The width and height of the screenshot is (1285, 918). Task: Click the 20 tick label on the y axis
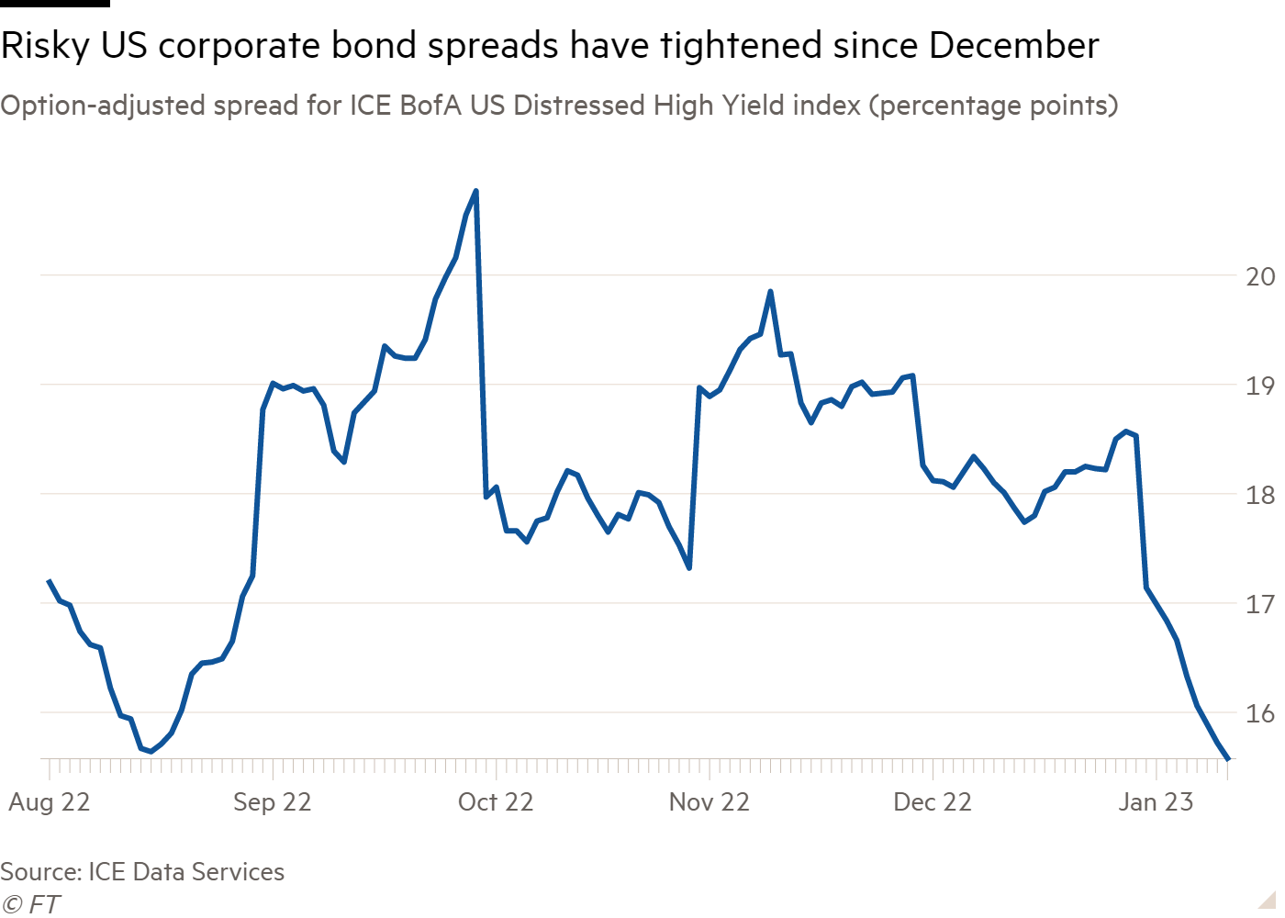[x=1259, y=276]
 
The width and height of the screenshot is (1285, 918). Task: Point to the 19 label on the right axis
[x=1259, y=386]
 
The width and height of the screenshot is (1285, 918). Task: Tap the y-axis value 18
[x=1259, y=495]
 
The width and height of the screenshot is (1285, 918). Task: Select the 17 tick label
[x=1259, y=604]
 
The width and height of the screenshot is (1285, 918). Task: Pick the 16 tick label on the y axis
[x=1259, y=713]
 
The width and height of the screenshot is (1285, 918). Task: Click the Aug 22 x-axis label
[x=50, y=802]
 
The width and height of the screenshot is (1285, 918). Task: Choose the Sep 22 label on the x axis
[x=273, y=802]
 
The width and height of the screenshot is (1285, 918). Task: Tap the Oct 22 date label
[x=496, y=802]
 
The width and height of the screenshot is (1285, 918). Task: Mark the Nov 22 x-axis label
[x=710, y=802]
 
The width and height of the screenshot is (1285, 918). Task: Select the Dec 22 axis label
[x=933, y=802]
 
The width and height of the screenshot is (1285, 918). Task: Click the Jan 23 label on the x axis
[x=1156, y=802]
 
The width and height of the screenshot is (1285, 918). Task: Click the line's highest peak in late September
[x=475, y=190]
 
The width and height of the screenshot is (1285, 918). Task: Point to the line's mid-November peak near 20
[x=770, y=291]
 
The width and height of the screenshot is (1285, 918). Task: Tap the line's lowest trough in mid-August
[x=151, y=752]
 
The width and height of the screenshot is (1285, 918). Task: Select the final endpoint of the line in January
[x=1229, y=758]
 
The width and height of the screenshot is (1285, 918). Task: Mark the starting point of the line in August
[x=48, y=580]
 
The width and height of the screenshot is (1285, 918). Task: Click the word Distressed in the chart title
[x=579, y=106]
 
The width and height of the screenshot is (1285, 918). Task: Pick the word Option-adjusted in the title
[x=103, y=106]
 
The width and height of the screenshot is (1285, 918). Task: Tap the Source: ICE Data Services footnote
[x=142, y=871]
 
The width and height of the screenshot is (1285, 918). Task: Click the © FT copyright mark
[x=30, y=904]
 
